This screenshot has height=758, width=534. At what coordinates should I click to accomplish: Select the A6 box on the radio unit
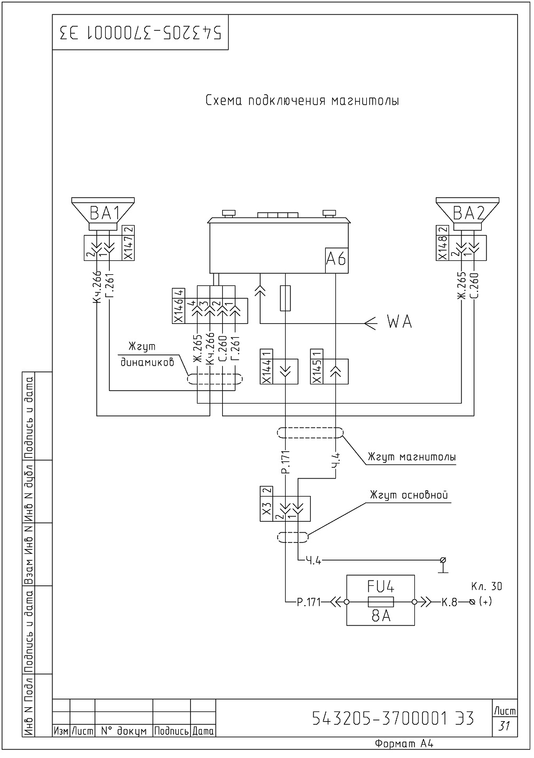[x=336, y=260]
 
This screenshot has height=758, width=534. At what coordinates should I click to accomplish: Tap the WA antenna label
[x=400, y=322]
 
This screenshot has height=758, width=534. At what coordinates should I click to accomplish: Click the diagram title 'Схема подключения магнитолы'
[x=302, y=100]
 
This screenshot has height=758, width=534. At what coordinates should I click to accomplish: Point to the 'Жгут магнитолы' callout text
[x=412, y=457]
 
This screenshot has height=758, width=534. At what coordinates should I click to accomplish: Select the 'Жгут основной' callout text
[x=409, y=496]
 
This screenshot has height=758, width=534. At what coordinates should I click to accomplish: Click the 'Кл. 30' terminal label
[x=486, y=586]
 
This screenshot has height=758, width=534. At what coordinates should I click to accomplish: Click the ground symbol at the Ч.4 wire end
[x=443, y=565]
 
